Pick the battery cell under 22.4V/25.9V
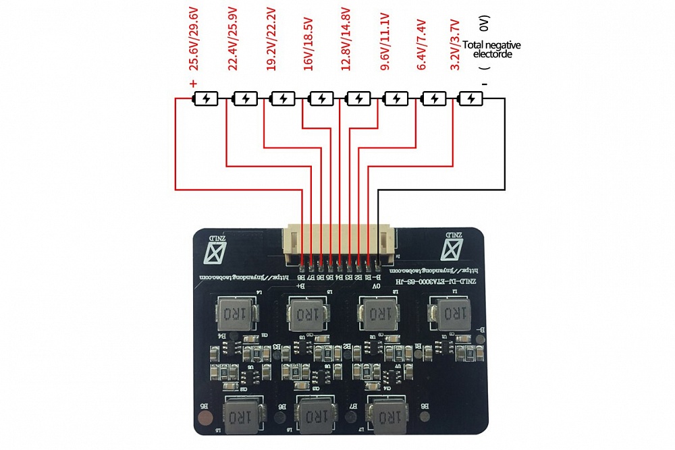[x=244, y=99]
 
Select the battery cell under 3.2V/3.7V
[x=470, y=99]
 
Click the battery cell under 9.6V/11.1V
[x=395, y=99]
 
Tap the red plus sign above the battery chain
[x=193, y=84]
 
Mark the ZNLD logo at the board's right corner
[x=454, y=247]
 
